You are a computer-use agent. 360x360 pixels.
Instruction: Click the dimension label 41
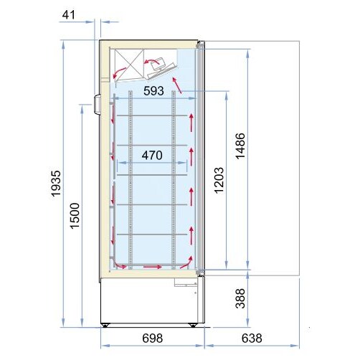click(69, 15)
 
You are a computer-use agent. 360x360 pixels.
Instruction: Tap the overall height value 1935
click(57, 184)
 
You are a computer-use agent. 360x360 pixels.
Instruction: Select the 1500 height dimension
click(75, 216)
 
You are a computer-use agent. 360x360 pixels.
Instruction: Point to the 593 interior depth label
click(153, 91)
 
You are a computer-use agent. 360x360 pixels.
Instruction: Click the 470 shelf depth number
click(152, 156)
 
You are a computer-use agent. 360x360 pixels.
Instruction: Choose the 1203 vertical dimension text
click(219, 181)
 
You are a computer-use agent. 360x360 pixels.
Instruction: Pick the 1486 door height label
click(240, 146)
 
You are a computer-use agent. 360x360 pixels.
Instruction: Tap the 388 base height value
click(240, 298)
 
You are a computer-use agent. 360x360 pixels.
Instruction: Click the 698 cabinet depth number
click(153, 338)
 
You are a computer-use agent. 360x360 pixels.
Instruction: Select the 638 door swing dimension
click(252, 338)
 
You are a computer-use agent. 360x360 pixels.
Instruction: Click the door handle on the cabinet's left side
click(97, 105)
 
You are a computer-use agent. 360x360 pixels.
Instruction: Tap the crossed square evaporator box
click(129, 63)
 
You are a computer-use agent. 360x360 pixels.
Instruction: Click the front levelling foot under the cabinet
click(192, 325)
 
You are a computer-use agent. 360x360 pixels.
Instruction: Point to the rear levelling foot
click(105, 325)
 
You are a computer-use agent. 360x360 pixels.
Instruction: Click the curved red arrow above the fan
click(151, 61)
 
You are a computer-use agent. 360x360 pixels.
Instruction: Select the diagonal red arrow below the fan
click(176, 85)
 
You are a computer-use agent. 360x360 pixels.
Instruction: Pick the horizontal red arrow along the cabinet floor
click(153, 266)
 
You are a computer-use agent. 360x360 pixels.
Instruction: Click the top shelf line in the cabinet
click(152, 115)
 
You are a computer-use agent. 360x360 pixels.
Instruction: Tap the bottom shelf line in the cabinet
click(152, 235)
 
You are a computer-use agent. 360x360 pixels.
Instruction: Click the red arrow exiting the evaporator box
click(119, 72)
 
